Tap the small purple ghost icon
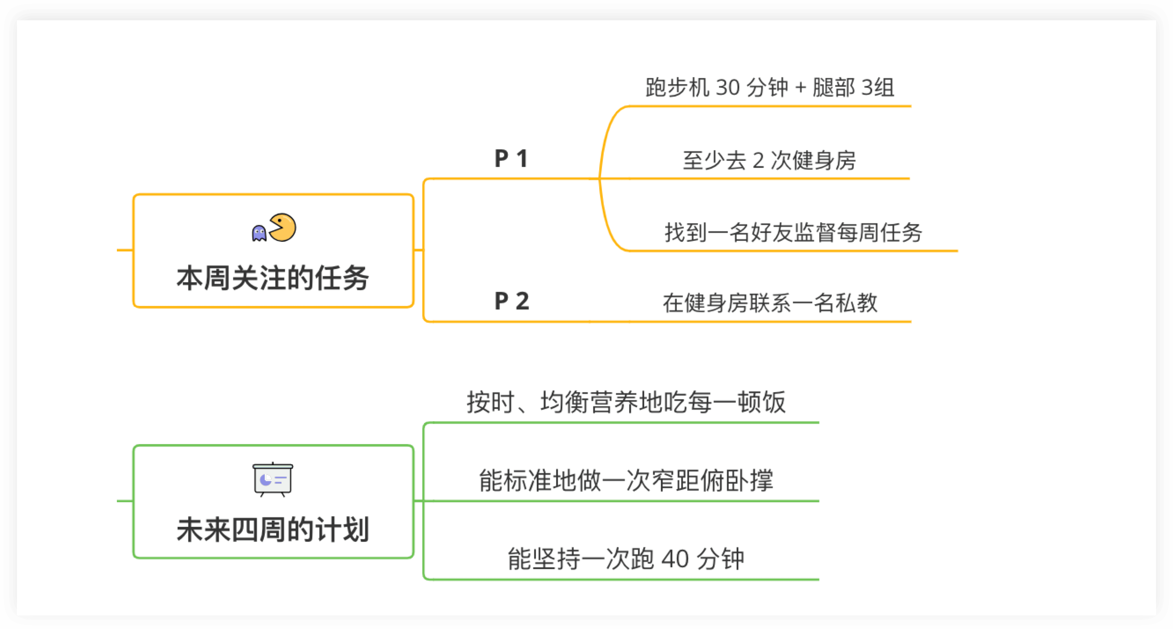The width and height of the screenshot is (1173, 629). click(259, 233)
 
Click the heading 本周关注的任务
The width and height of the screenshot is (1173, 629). click(273, 278)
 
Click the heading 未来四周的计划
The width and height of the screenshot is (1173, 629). click(273, 529)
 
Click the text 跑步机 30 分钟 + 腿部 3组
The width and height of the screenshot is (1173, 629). click(770, 87)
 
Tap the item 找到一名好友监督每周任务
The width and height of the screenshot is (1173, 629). click(793, 233)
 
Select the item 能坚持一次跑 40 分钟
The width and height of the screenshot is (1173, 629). click(626, 559)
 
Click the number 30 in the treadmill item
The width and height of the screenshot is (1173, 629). click(727, 87)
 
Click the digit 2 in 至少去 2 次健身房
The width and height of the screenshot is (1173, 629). click(758, 160)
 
